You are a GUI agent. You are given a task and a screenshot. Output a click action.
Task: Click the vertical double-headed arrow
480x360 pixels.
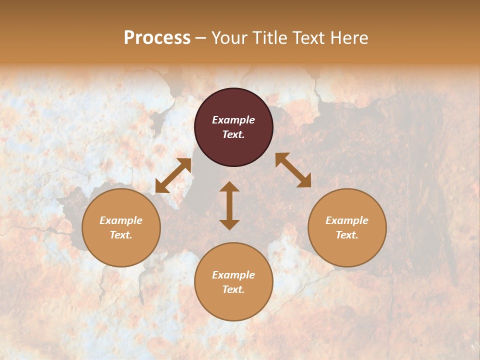point(229,205)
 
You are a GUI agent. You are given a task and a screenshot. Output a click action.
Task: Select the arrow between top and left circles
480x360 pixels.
point(173,175)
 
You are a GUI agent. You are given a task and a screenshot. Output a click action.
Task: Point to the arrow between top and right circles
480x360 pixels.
point(293,170)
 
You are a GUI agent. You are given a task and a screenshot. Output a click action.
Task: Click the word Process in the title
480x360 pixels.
point(157,38)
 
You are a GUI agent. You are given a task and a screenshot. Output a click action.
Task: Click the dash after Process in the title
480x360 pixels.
point(200,38)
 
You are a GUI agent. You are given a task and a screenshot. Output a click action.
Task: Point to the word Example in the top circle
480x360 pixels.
point(233,120)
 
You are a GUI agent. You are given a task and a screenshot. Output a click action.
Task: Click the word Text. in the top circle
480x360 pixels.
point(233,134)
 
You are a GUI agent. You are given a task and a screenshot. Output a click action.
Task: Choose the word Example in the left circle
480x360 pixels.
point(121,220)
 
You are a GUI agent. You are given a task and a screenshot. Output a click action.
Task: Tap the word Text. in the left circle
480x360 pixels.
point(121,235)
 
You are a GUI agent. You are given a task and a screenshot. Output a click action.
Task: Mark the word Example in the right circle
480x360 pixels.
point(347,220)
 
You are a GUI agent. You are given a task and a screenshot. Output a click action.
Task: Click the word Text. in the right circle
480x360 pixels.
point(347,235)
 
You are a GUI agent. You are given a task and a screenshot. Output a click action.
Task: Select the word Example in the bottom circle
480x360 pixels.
point(233,275)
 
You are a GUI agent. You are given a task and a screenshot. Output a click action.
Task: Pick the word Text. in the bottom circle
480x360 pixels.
point(233,289)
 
